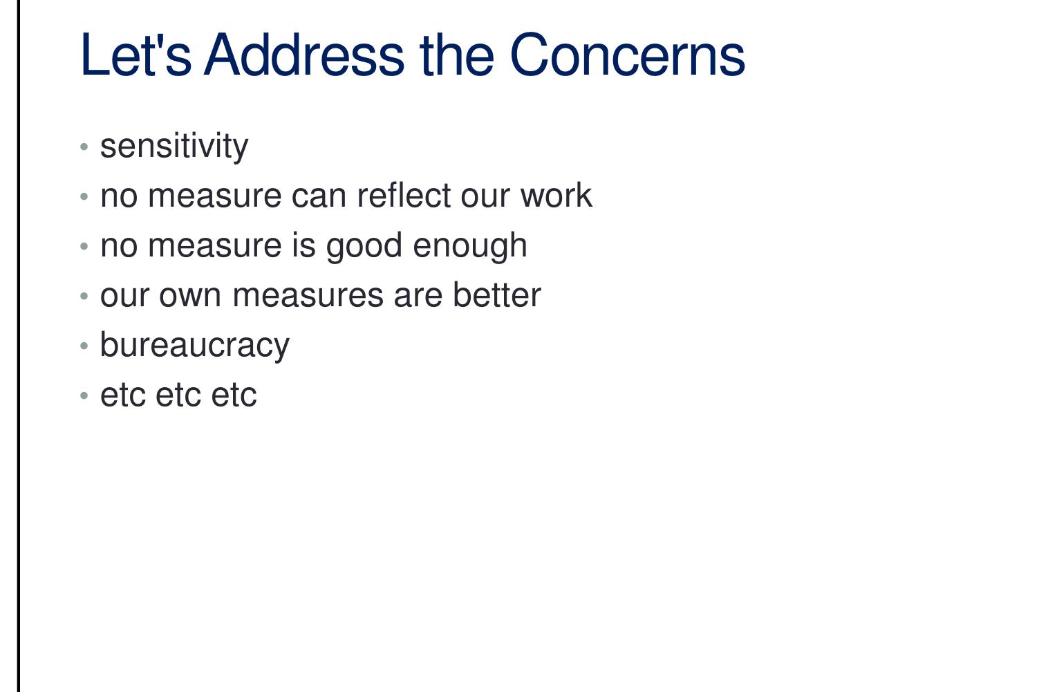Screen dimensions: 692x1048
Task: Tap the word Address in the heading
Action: tap(304, 55)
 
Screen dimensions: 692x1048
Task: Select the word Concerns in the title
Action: tap(627, 55)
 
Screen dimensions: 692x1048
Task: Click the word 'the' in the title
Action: tap(456, 55)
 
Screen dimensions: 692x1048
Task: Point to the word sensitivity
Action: tap(174, 147)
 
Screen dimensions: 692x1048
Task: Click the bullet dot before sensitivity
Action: tap(84, 147)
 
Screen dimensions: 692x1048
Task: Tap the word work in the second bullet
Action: tap(556, 196)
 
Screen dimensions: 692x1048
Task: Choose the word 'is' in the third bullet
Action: tap(304, 245)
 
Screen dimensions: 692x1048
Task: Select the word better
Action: tap(496, 295)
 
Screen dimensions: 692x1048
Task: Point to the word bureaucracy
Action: tap(194, 346)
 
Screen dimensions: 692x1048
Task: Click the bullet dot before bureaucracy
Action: tap(84, 346)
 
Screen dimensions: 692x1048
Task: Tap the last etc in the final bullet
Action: tap(234, 395)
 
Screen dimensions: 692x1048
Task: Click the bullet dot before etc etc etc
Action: tap(84, 395)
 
